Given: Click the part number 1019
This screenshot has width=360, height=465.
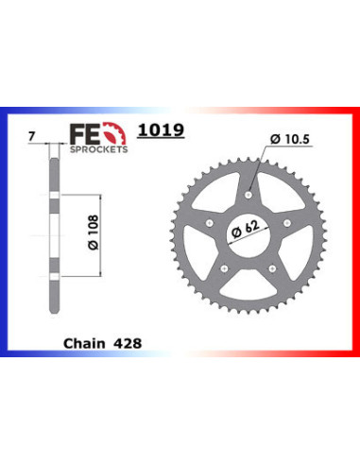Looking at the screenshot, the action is pos(161,129).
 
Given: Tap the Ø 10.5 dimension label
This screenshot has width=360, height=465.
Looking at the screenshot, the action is pos(290,139).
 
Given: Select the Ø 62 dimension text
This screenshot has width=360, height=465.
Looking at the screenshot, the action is pos(246,229).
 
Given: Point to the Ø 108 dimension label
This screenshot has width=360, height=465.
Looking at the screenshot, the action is pos(94,232).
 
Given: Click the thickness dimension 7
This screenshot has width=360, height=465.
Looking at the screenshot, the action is pos(31,137).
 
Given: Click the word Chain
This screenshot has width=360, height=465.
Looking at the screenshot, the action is pos(84,343).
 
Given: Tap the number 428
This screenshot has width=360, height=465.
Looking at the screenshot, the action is pos(128,343).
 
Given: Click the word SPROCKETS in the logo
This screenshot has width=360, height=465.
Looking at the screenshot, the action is pos(98,149).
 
